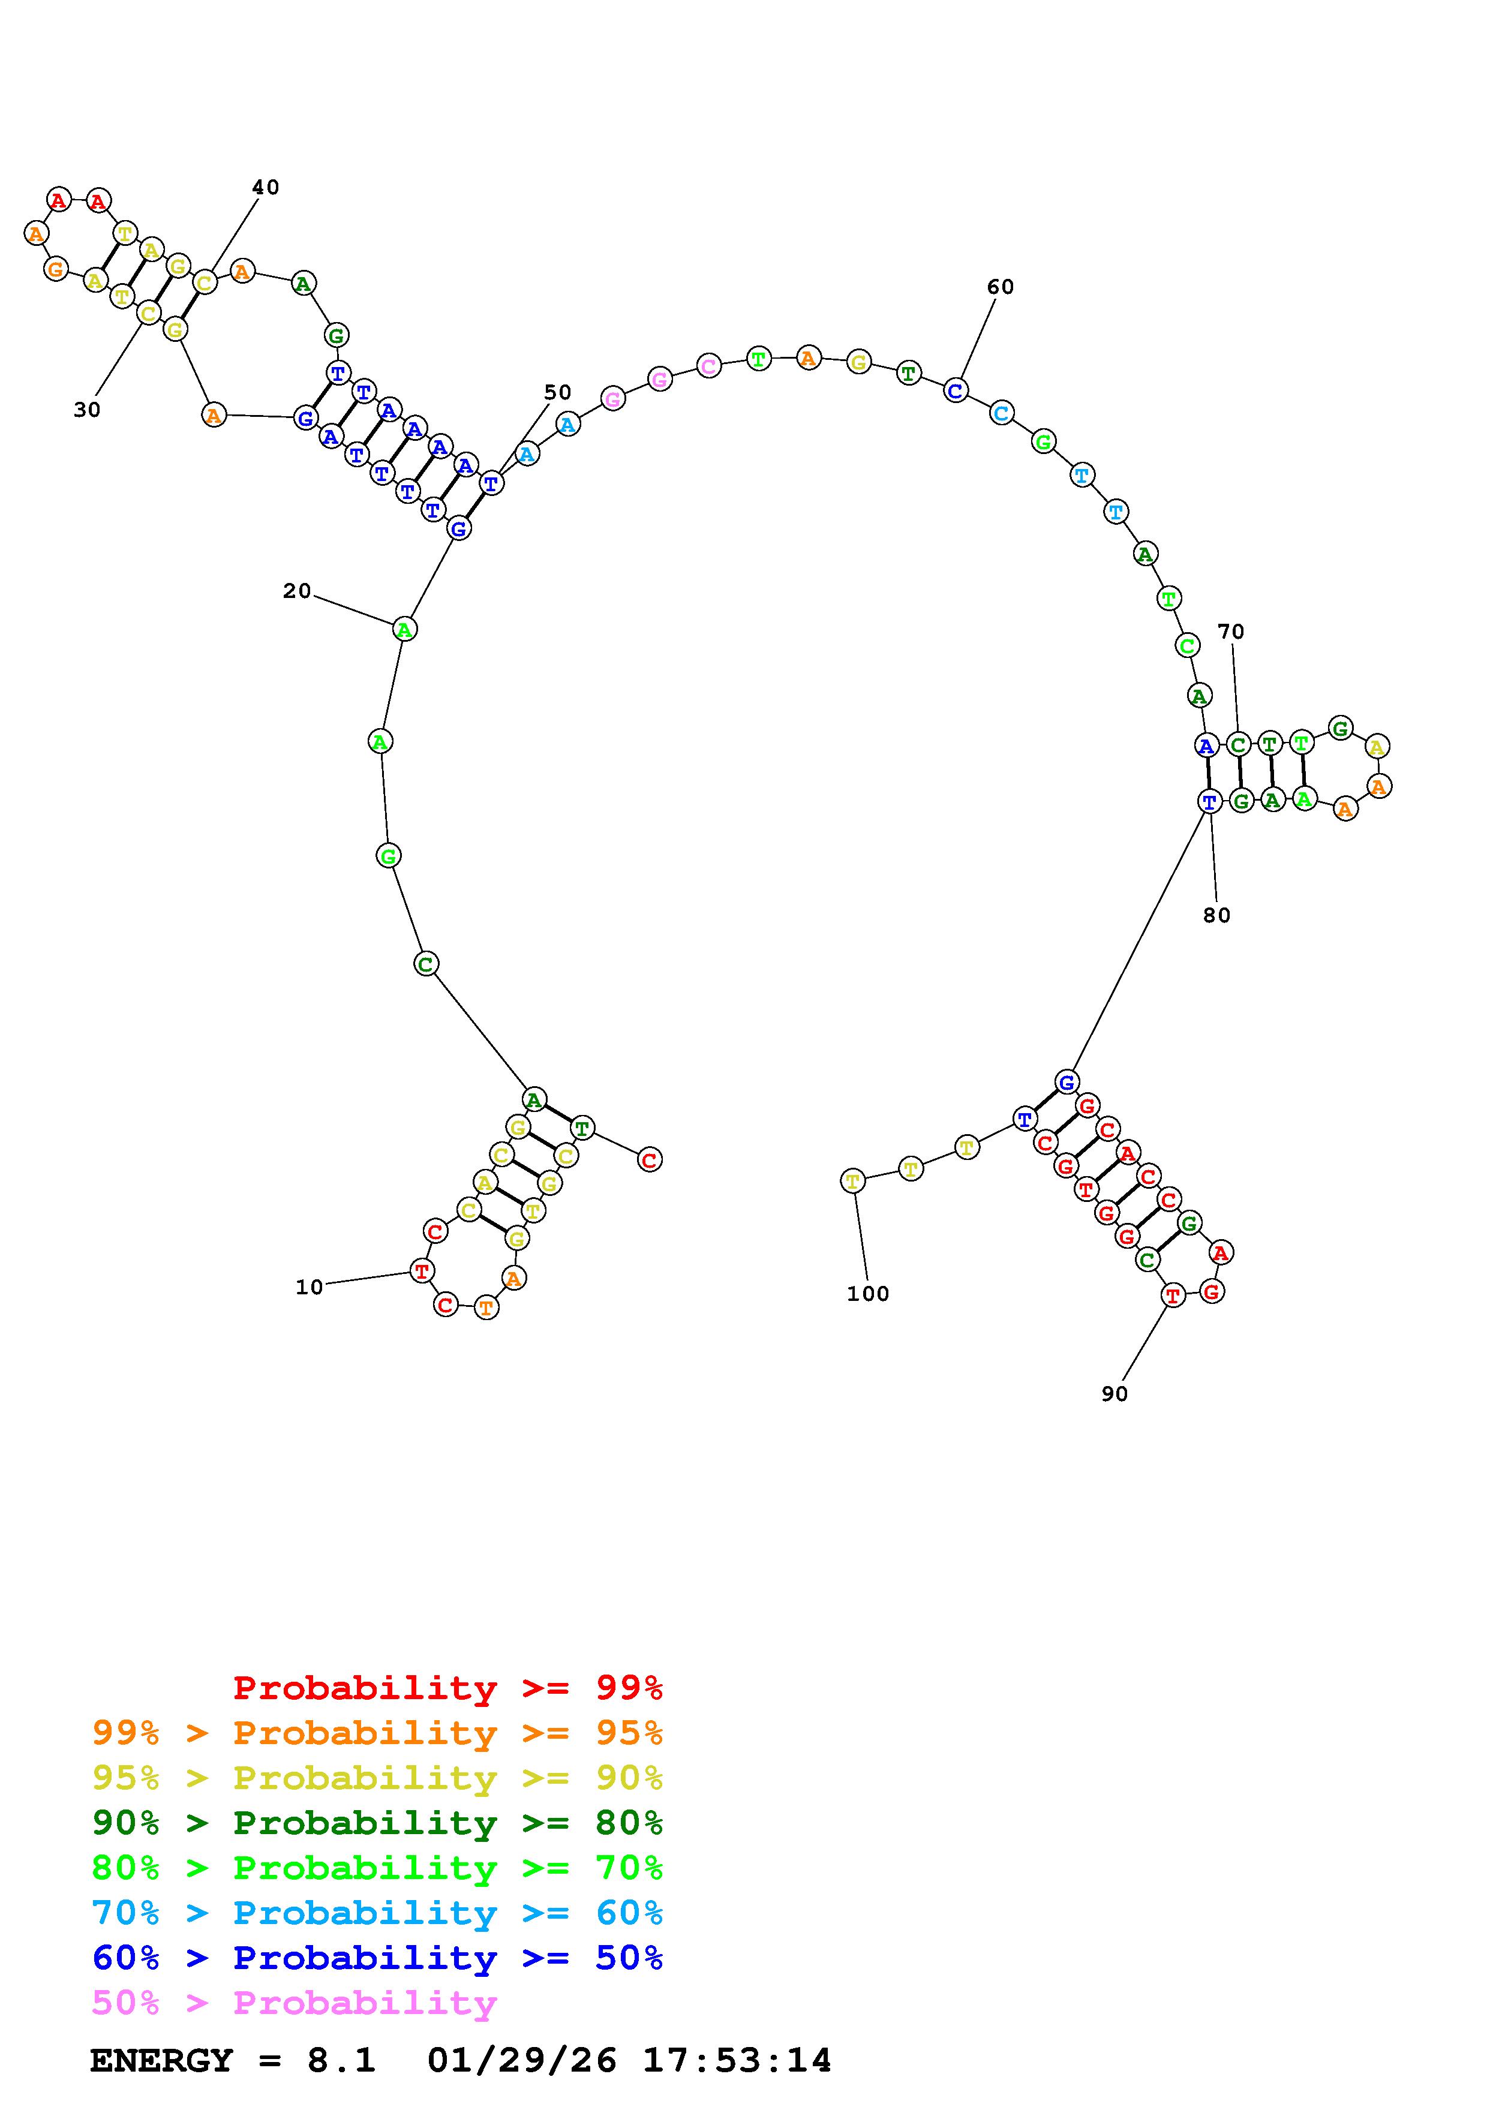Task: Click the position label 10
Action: click(309, 1288)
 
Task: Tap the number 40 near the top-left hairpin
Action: click(266, 187)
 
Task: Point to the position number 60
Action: click(1001, 287)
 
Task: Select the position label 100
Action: click(867, 1294)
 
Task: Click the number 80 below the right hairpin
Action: click(1216, 915)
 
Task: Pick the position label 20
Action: click(297, 591)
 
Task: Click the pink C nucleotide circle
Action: click(708, 366)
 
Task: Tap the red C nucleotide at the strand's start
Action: click(650, 1160)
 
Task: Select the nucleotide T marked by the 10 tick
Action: click(422, 1271)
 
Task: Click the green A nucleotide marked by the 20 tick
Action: click(404, 630)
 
